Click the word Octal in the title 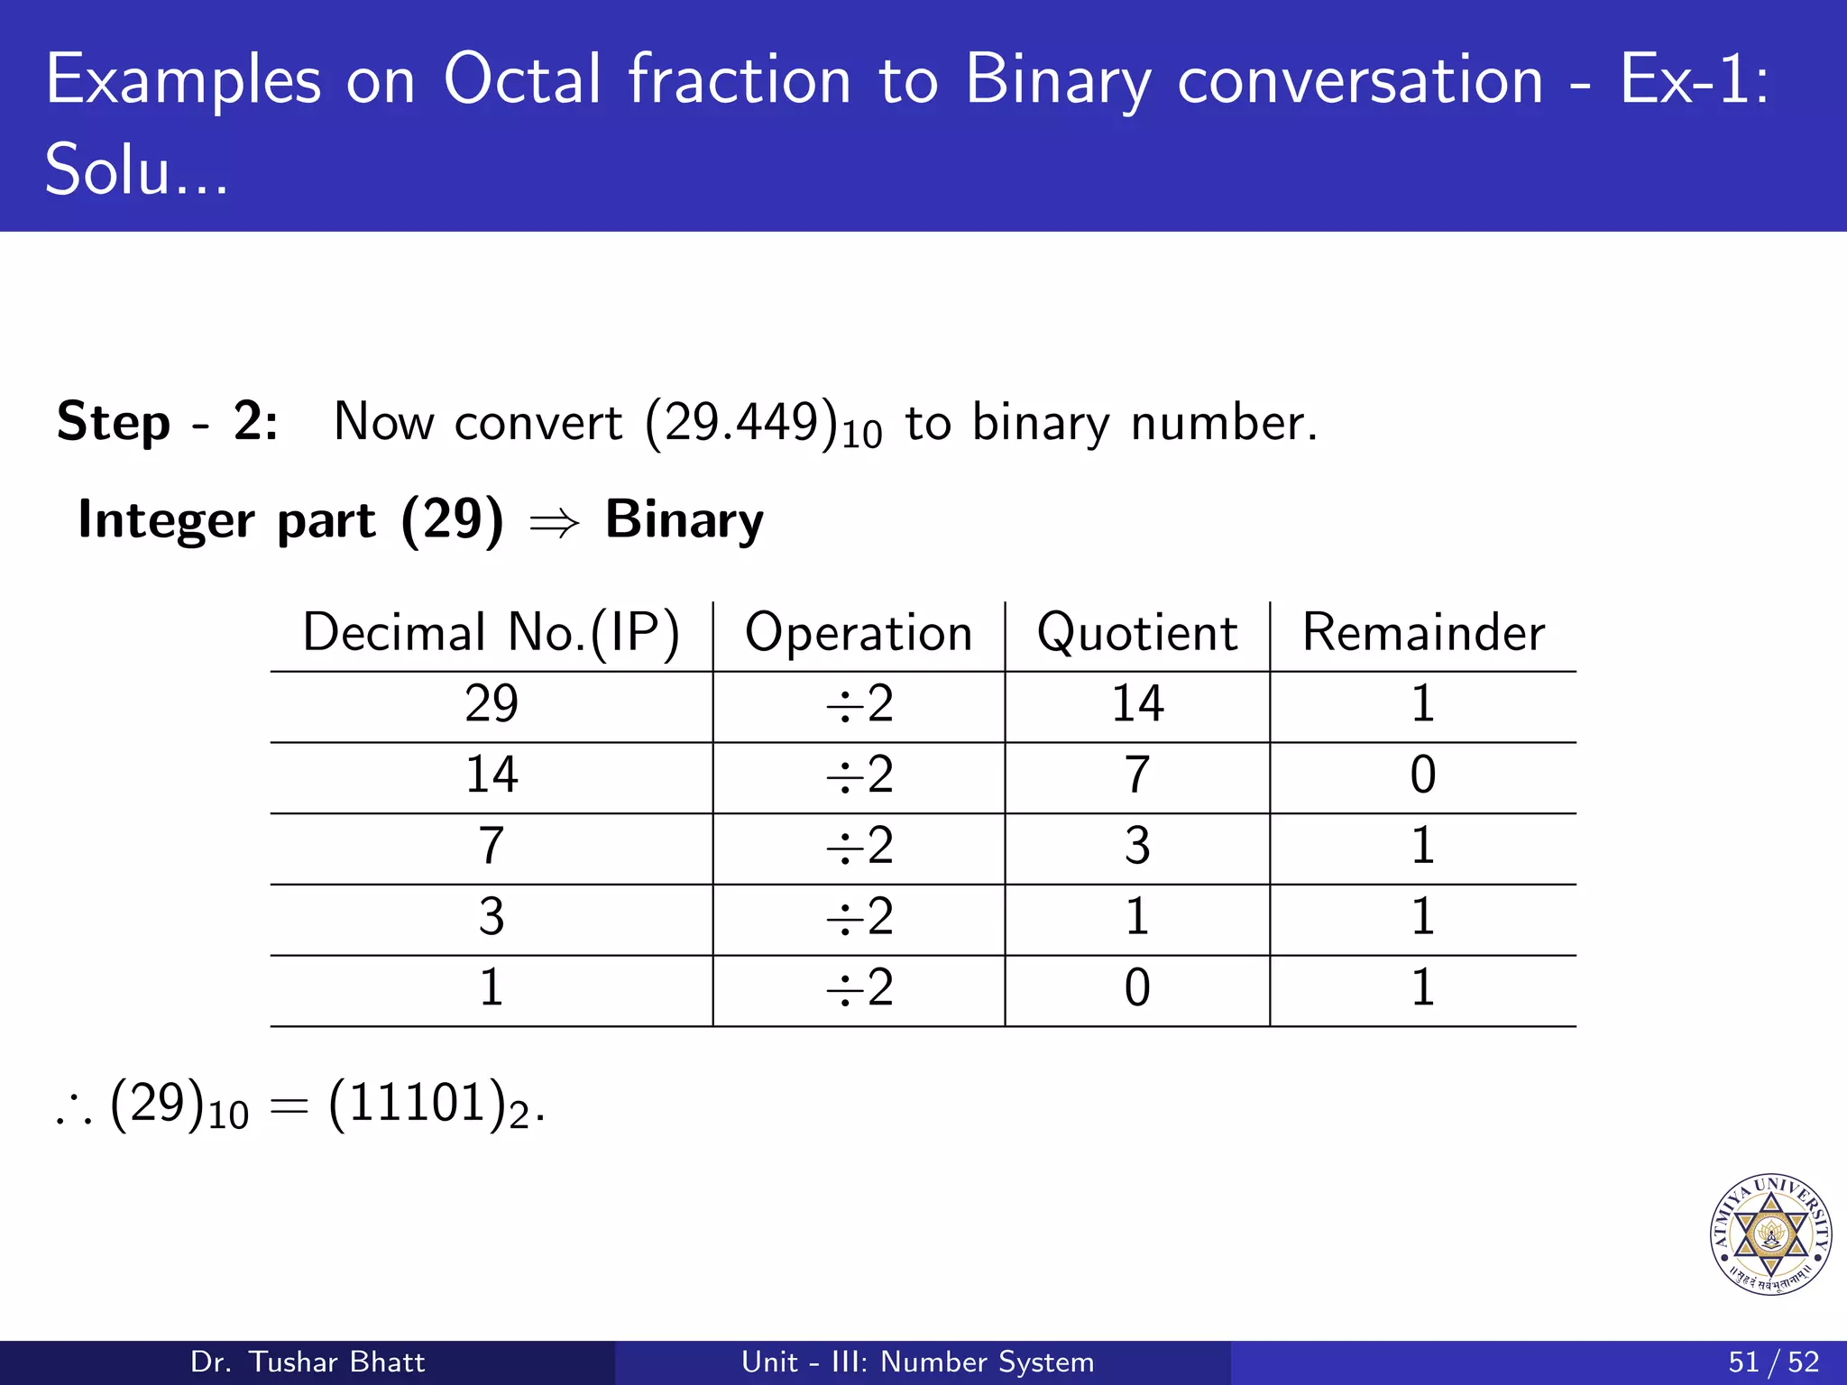[522, 80]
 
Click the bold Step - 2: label [168, 421]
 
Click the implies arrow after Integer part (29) [553, 523]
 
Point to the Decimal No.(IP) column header [491, 633]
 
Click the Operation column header [859, 633]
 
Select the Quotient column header [1136, 633]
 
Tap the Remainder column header [1422, 633]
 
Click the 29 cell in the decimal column [492, 704]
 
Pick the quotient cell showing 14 [1137, 704]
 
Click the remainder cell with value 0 [1422, 775]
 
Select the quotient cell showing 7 [1137, 775]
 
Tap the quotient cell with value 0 [1137, 988]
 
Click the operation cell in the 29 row [859, 704]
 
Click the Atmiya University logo [1770, 1234]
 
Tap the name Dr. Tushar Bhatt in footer [308, 1362]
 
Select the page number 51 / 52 [1773, 1362]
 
